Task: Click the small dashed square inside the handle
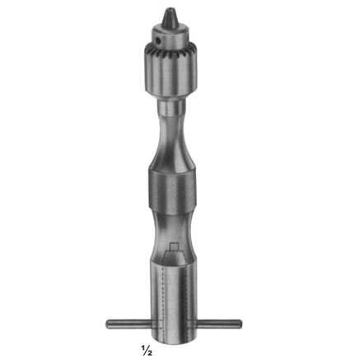pyautogui.click(x=174, y=250)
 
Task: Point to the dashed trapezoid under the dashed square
pyautogui.click(x=174, y=263)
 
